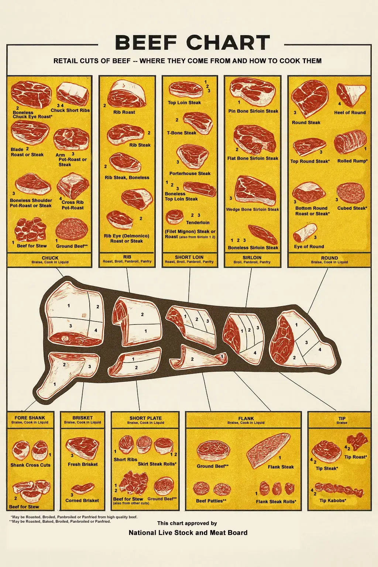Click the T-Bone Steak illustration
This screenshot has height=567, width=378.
pos(198,123)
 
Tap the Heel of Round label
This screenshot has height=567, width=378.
pos(350,113)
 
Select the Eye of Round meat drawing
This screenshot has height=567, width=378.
pos(305,232)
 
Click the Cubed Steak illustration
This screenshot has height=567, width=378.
pos(351,193)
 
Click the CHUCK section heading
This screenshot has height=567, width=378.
pos(50,258)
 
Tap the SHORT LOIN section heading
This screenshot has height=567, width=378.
pos(189,257)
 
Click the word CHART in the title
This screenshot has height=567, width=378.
pos(230,42)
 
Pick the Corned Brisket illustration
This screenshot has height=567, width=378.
pos(83,488)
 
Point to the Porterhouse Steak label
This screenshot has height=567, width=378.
pos(190,173)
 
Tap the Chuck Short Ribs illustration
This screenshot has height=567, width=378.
pos(73,93)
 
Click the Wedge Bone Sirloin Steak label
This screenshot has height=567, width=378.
pos(252,209)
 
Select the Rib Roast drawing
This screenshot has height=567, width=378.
pos(126,94)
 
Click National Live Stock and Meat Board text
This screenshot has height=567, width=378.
pos(188,533)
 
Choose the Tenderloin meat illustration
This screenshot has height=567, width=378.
pos(175,217)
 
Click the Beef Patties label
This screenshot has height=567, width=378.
pos(211,501)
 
